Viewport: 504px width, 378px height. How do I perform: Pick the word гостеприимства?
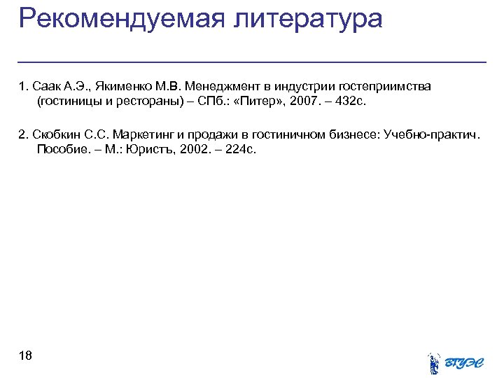pyautogui.click(x=385, y=87)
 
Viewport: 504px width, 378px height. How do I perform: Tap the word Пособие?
pyautogui.click(x=62, y=149)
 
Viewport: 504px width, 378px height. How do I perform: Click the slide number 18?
pyautogui.click(x=25, y=356)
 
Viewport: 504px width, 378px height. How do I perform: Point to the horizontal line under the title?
pyautogui.click(x=252, y=62)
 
